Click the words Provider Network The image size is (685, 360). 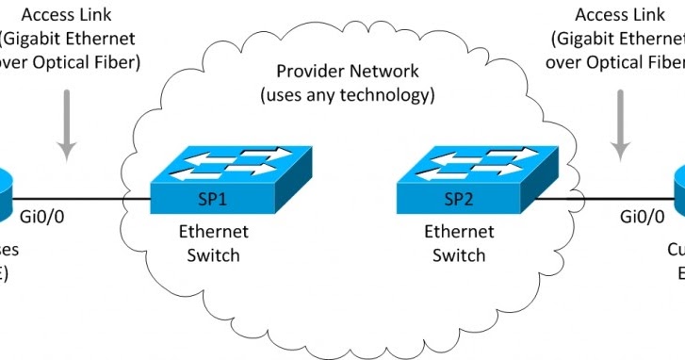[x=347, y=73]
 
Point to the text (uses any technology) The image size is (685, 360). [x=347, y=95]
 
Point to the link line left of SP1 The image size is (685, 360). [x=85, y=198]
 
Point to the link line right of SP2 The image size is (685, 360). [x=603, y=198]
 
